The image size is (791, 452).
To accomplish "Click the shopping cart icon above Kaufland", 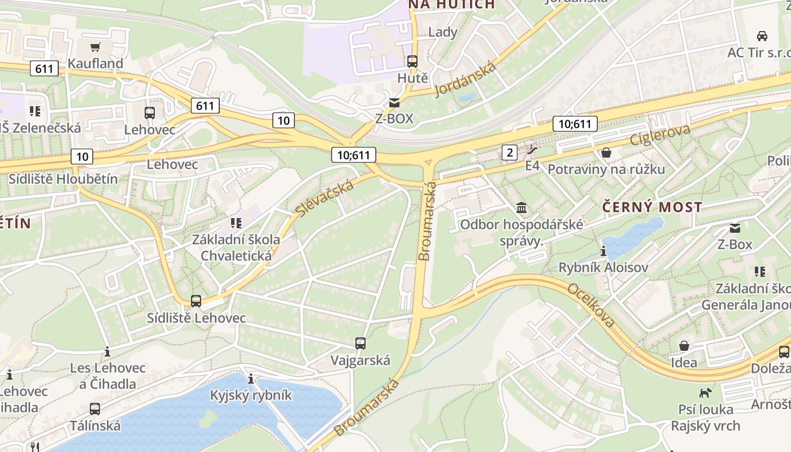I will coord(95,47).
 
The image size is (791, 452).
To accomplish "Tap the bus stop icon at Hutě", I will coord(412,62).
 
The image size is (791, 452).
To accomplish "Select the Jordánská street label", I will coord(466,79).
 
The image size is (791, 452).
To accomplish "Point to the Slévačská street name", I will coord(324,197).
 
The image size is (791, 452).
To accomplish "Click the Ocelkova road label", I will coord(591,305).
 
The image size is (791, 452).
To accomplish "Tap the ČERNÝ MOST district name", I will coord(652,207).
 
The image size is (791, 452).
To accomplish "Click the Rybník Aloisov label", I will coord(603,267).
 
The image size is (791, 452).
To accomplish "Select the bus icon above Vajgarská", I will coord(360,343).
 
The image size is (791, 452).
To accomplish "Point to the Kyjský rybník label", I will coord(251,395).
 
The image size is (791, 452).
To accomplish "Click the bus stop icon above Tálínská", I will coord(95,408).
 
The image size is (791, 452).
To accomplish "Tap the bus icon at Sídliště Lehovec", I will coord(196,301).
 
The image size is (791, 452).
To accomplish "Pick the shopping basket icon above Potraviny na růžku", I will coord(606,153).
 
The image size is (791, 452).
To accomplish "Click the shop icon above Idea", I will coord(684,345).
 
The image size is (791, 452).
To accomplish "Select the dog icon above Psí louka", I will coord(705,392).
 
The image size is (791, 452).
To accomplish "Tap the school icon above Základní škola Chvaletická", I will coord(236,223).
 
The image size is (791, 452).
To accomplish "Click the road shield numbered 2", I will coord(510,152).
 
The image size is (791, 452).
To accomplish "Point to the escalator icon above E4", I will coord(532,150).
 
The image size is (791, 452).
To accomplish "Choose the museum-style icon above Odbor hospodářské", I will coord(521,208).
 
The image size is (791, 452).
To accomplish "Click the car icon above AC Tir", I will coord(762,36).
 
